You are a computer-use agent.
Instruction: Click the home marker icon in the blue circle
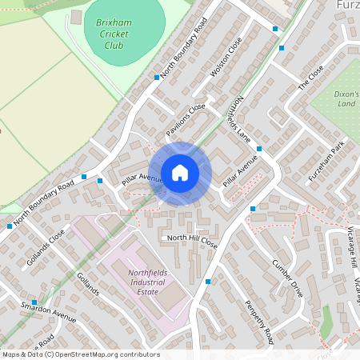tap(180, 173)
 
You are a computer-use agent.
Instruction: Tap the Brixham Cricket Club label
tap(114, 34)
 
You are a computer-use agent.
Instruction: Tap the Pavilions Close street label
tap(186, 118)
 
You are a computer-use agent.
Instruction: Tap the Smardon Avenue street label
tap(49, 312)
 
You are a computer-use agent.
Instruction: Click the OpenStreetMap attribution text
tap(80, 354)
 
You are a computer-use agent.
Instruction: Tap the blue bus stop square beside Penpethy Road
tap(208, 282)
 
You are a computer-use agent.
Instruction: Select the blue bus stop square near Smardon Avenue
tap(34, 302)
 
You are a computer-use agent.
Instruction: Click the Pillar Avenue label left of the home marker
tap(142, 180)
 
